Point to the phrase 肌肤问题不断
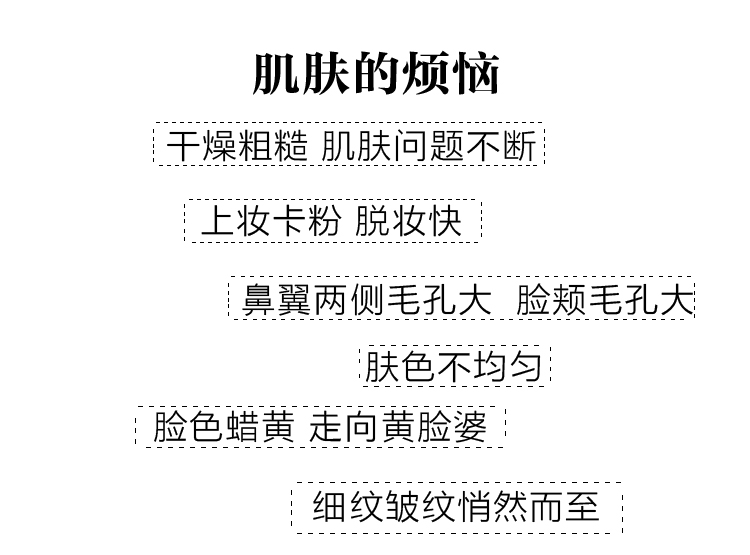[429, 146]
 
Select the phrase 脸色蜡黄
[223, 428]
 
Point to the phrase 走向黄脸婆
[398, 428]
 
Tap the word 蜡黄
[259, 428]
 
